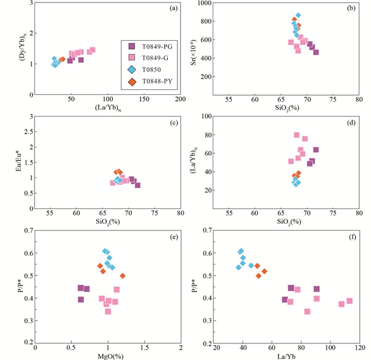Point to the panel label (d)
tap(348, 123)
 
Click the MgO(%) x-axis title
tap(108, 357)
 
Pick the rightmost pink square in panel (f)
tap(349, 301)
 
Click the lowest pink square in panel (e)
tap(108, 311)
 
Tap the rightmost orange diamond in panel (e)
tap(123, 276)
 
